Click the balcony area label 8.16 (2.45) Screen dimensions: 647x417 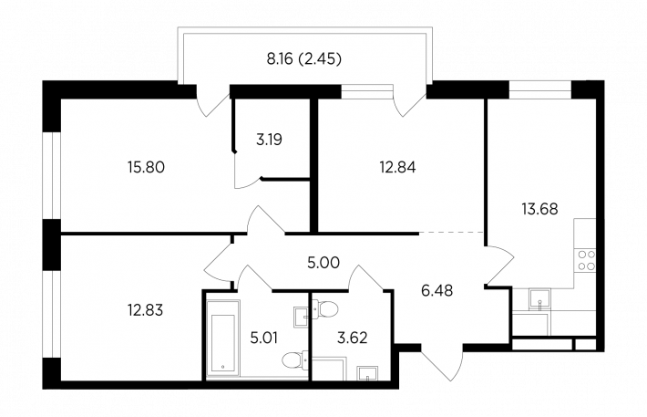[x=304, y=59]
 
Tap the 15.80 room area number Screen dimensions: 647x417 [x=146, y=167]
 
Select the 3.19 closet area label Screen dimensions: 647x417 [x=269, y=140]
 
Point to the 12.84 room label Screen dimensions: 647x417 [x=397, y=167]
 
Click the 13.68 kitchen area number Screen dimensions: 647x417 [x=539, y=209]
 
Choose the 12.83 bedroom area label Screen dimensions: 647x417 [x=146, y=310]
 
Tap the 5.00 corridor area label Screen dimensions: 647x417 [x=323, y=263]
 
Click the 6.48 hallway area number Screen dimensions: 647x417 [x=437, y=290]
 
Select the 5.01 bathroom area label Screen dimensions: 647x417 [x=263, y=338]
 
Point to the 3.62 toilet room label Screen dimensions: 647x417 [x=352, y=338]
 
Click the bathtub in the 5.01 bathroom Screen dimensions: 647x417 [x=223, y=338]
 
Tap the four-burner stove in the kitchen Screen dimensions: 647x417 [x=586, y=260]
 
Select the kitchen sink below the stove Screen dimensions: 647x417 [x=539, y=299]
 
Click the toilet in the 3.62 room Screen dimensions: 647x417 [x=325, y=308]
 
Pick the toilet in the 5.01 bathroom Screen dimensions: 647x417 [x=295, y=360]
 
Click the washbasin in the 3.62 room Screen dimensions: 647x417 [x=368, y=373]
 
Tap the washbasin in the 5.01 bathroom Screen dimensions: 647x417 [x=301, y=317]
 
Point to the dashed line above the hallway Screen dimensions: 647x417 [x=451, y=233]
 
